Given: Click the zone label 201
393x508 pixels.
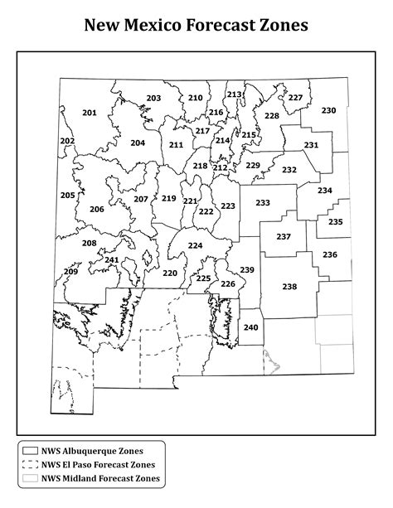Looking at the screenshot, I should pyautogui.click(x=90, y=113).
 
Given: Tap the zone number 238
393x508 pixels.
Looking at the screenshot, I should pyautogui.click(x=289, y=287).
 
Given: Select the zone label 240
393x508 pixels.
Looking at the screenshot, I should pyautogui.click(x=250, y=327).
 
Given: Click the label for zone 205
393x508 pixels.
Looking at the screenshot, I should pyautogui.click(x=68, y=196).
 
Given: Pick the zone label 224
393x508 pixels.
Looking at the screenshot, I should pyautogui.click(x=195, y=245).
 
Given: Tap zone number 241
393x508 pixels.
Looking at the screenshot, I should pyautogui.click(x=112, y=260).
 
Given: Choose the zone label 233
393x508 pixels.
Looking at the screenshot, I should pyautogui.click(x=263, y=203).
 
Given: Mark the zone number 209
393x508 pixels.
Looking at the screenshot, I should pyautogui.click(x=70, y=272).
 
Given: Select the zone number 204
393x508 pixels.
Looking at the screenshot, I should pyautogui.click(x=138, y=143).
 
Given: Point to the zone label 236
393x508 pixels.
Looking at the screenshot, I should pyautogui.click(x=330, y=254).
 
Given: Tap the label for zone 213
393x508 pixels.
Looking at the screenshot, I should pyautogui.click(x=234, y=94).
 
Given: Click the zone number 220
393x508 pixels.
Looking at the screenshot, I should pyautogui.click(x=169, y=273).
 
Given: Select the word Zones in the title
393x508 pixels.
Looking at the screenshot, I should pyautogui.click(x=281, y=26).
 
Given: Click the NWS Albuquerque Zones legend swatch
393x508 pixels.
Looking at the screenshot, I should pyautogui.click(x=31, y=451).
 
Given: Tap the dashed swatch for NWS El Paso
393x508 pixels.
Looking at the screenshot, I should pyautogui.click(x=31, y=464).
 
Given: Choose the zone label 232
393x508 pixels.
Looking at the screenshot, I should pyautogui.click(x=289, y=170).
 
